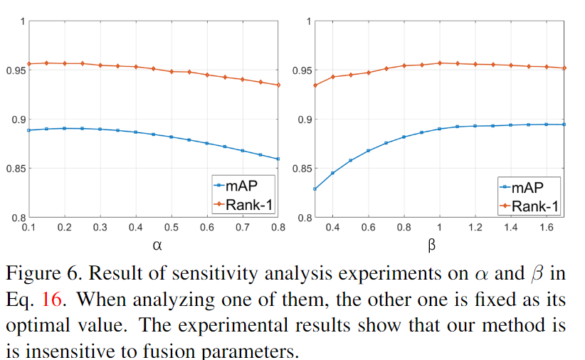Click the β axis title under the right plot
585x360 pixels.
[431, 245]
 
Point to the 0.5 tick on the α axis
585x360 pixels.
[172, 226]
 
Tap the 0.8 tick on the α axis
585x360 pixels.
[278, 226]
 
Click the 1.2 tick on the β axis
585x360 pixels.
[475, 226]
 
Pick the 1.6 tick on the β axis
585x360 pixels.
[547, 226]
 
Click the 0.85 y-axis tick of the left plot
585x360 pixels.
[16, 169]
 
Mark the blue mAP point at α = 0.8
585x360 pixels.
[278, 159]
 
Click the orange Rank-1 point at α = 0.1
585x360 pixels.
[29, 64]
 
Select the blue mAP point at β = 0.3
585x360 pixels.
[315, 189]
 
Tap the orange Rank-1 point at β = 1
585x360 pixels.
[440, 63]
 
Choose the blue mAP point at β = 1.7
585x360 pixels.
[564, 125]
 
